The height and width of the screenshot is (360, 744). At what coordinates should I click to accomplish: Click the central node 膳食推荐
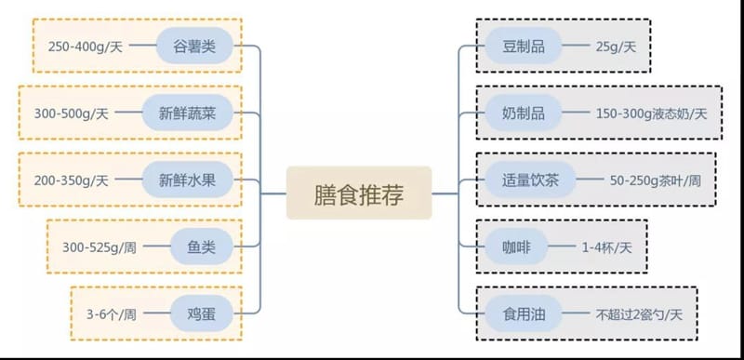coord(358,193)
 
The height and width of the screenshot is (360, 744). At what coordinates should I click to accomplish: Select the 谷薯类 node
coord(193,46)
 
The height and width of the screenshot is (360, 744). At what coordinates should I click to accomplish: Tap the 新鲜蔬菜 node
coord(186,113)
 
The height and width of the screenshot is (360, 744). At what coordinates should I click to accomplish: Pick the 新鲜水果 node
coord(186,180)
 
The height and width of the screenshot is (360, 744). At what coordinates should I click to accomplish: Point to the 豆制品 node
coord(524,46)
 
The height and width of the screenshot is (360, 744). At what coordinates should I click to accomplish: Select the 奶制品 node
coord(524,113)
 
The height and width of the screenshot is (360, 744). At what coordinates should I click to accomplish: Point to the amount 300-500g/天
coord(72,113)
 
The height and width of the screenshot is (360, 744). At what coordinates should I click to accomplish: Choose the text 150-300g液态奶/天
coord(651,113)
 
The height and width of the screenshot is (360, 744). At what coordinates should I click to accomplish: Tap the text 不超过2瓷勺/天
coord(639,314)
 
